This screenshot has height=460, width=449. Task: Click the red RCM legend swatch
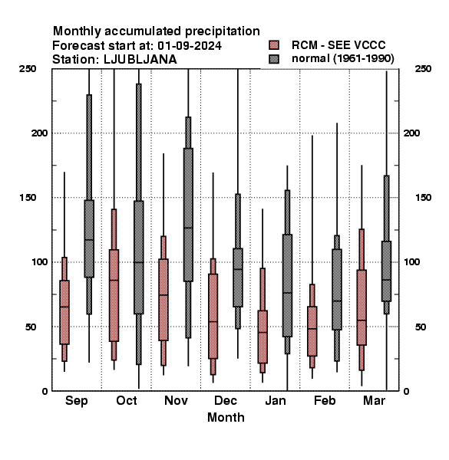click(274, 45)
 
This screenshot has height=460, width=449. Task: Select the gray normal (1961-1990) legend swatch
click(274, 59)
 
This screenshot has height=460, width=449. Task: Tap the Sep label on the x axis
click(76, 401)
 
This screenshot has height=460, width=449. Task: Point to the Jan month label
click(275, 401)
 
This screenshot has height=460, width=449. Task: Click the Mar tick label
click(374, 401)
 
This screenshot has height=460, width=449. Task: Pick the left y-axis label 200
click(39, 133)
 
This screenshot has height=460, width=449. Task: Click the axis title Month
click(226, 418)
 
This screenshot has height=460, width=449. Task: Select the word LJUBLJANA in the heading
click(140, 60)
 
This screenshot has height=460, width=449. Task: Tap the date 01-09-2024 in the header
click(190, 46)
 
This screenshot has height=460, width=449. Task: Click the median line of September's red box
click(64, 307)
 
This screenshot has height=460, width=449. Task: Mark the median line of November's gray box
click(188, 228)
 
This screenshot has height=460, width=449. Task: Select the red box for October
click(114, 295)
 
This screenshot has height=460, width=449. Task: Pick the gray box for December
click(238, 278)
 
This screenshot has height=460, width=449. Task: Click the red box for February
click(312, 331)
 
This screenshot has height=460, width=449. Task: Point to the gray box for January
click(288, 285)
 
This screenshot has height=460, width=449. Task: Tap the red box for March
click(362, 307)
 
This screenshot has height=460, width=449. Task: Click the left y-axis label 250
click(28, 69)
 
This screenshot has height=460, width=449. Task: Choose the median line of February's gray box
click(337, 301)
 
